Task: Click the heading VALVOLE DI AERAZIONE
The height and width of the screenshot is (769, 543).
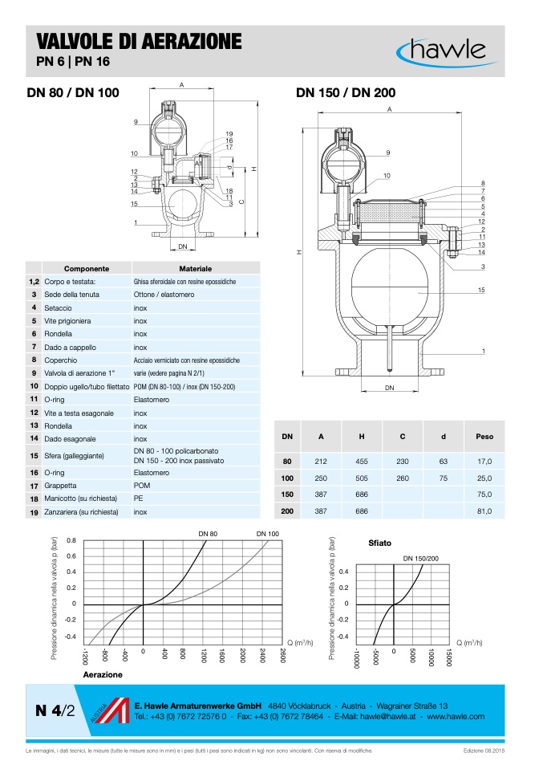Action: [x=134, y=41]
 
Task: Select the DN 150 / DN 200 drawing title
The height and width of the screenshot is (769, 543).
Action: [x=346, y=92]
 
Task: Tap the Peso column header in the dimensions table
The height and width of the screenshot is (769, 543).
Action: [x=484, y=437]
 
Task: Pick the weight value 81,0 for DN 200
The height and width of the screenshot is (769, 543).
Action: [x=484, y=511]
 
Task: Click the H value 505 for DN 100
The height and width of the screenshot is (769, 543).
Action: [x=362, y=478]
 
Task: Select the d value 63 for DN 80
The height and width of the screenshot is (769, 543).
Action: [x=443, y=462]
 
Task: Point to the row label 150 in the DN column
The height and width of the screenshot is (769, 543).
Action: [x=287, y=494]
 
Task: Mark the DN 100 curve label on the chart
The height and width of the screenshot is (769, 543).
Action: [x=267, y=534]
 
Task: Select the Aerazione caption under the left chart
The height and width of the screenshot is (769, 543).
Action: [x=103, y=675]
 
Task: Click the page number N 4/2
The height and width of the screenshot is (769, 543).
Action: [x=55, y=710]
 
